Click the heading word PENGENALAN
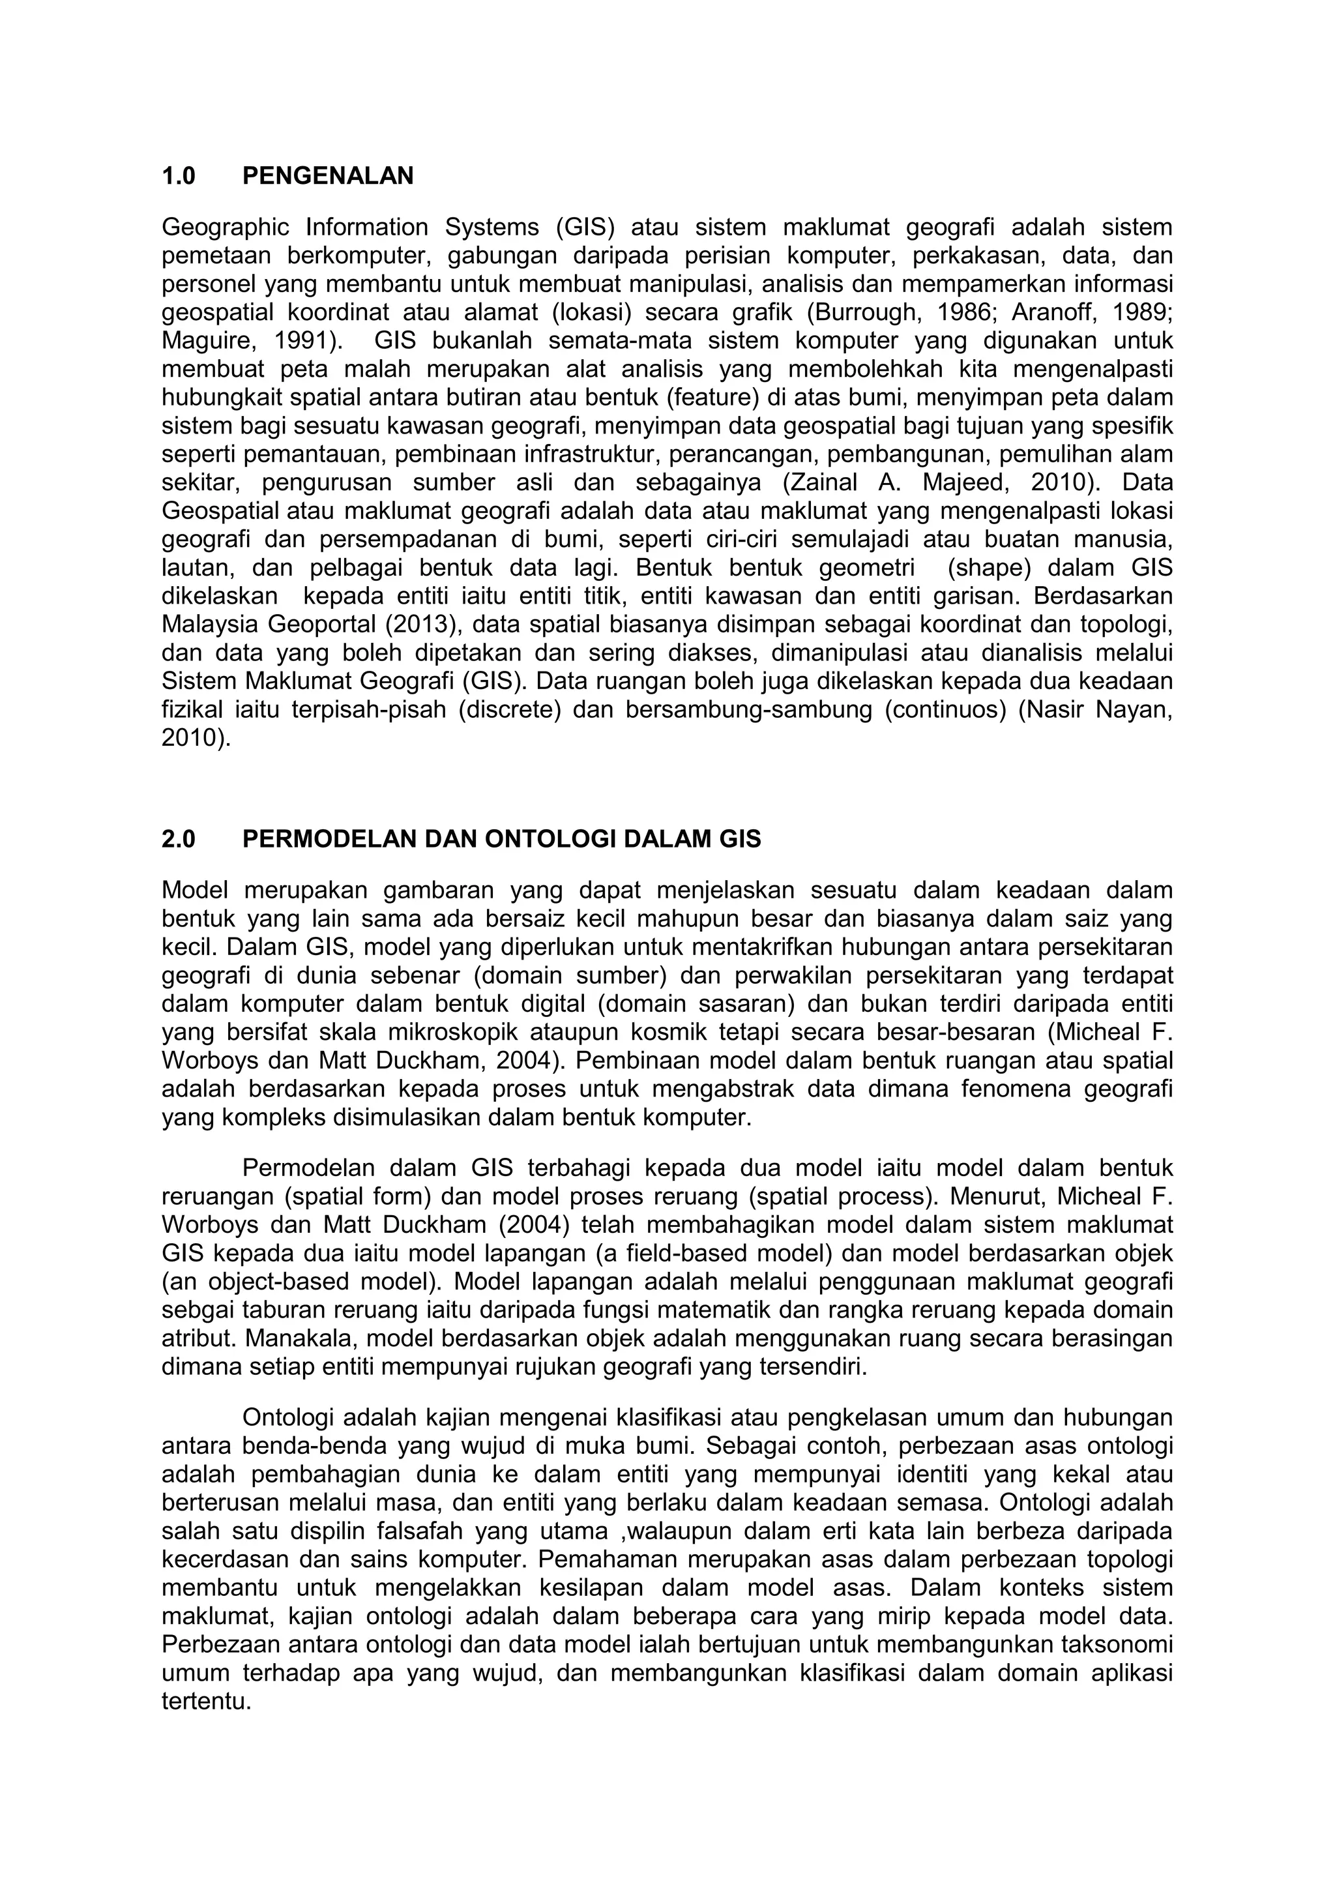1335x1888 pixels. (x=328, y=176)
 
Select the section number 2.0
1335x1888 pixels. (x=179, y=840)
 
